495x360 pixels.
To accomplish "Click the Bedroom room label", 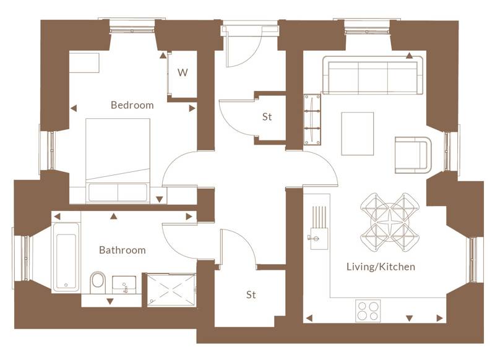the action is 132,105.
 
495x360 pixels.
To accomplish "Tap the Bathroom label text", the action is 123,250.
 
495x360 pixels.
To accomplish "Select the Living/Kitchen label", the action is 381,267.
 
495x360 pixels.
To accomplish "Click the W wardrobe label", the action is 183,72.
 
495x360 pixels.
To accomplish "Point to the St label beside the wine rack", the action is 267,117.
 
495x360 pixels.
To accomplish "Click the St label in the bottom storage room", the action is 251,294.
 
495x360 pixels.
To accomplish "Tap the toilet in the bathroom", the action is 98,282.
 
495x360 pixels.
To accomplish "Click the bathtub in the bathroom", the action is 66,257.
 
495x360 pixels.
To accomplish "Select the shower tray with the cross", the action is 172,289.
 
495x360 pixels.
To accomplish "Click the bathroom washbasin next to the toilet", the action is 124,285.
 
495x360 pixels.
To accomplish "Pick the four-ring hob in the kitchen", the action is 368,311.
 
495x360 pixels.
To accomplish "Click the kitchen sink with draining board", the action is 319,228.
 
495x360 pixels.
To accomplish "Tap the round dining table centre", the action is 390,223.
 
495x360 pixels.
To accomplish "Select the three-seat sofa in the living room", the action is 373,75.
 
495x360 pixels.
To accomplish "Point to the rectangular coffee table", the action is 358,134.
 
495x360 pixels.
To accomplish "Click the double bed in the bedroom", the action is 118,160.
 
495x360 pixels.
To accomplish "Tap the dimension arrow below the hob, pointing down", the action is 410,319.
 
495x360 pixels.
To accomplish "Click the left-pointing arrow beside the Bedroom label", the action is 74,108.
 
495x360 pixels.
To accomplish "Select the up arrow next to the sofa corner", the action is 410,56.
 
